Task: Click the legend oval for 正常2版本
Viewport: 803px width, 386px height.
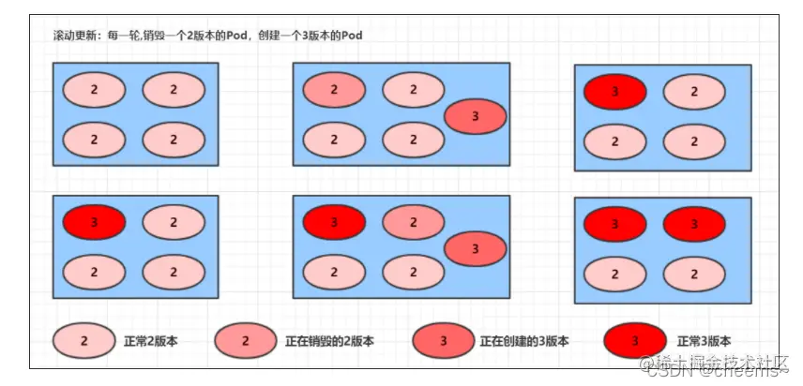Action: pos(83,341)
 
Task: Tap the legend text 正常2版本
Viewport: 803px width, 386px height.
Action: pos(150,341)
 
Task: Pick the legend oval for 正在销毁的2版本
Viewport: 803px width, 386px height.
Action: pos(245,341)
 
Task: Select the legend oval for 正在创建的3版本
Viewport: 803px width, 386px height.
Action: pos(443,341)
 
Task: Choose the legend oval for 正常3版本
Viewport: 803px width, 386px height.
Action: pos(636,341)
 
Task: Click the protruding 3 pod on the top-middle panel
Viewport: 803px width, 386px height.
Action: pos(475,116)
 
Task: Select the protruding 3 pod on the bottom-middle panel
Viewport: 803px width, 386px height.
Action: pos(475,248)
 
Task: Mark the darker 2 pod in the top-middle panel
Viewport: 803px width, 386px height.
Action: pos(334,89)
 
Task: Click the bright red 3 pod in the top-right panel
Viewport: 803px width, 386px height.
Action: pos(614,92)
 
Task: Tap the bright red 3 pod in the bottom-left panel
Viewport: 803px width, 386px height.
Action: pos(94,222)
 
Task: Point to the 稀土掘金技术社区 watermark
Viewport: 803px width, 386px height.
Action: pos(740,362)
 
